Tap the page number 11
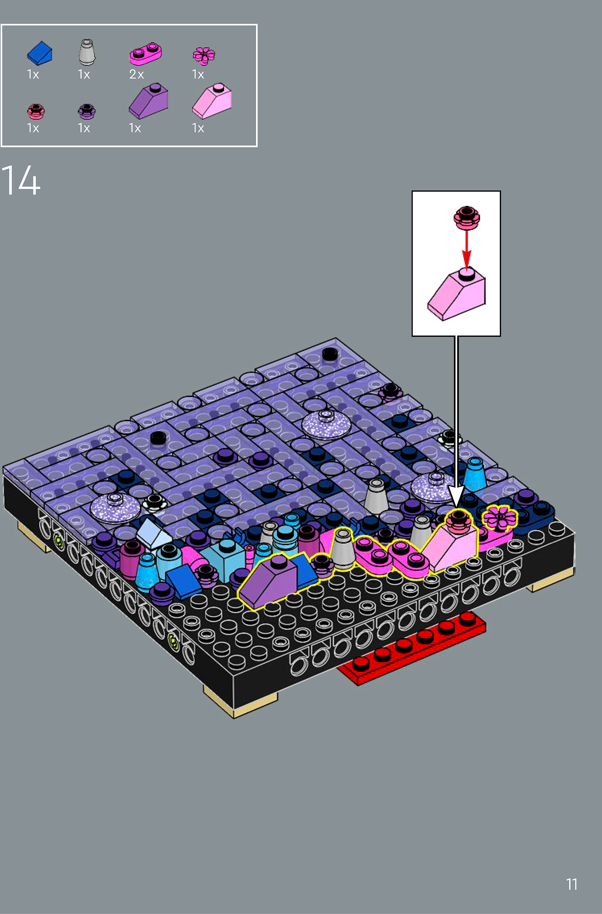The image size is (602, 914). pos(572,884)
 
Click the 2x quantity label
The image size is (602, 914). pos(136,74)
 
